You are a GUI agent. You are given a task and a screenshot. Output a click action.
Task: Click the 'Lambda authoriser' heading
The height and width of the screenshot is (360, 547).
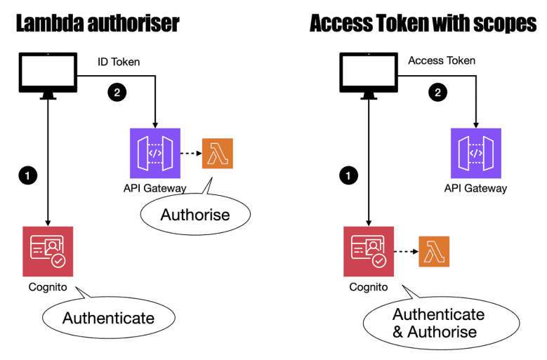[98, 22]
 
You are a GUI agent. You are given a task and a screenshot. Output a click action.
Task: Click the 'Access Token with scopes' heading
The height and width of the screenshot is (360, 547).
[423, 22]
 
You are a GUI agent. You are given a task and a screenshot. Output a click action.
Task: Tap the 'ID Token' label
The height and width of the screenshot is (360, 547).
[119, 62]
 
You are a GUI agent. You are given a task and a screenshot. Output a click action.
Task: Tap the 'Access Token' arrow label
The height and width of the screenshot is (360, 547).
[442, 60]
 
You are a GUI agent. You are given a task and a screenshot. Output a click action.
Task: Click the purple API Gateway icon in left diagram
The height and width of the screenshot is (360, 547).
[155, 153]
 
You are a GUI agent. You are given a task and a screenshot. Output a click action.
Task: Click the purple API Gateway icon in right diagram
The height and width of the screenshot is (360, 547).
[475, 153]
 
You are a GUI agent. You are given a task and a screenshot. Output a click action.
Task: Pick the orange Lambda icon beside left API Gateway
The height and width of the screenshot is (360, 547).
[217, 153]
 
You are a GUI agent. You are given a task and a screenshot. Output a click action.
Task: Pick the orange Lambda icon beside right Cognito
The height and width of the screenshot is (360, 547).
[434, 251]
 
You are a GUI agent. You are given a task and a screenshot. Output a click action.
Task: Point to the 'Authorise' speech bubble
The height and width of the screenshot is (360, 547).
[195, 214]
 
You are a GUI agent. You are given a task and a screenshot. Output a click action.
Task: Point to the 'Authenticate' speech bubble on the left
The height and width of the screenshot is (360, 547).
[108, 318]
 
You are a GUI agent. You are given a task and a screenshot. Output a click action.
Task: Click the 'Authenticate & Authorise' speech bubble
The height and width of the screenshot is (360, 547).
[438, 323]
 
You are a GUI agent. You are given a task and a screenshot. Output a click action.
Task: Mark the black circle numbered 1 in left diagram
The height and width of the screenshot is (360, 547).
[27, 176]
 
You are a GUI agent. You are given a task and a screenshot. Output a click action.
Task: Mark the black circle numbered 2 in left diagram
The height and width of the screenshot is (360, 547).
[114, 91]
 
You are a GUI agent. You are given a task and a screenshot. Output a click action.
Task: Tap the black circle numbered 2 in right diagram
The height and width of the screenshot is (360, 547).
[438, 91]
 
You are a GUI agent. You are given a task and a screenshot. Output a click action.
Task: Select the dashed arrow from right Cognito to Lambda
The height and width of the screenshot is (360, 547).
[404, 251]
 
